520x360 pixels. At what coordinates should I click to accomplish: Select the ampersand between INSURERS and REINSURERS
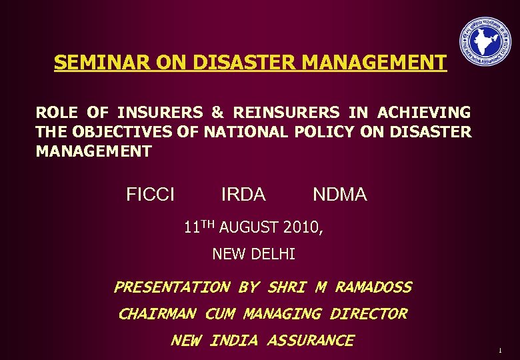[x=217, y=113]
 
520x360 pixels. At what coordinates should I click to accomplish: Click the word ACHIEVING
[x=423, y=113]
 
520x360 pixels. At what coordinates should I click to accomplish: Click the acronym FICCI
[x=151, y=195]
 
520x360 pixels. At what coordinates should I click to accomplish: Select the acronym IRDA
[x=243, y=195]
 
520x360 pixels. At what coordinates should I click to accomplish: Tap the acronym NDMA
[x=340, y=195]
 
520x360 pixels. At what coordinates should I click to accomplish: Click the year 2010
[x=301, y=228]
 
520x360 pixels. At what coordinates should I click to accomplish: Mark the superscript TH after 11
[x=208, y=225]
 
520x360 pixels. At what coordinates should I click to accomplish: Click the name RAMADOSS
[x=373, y=287]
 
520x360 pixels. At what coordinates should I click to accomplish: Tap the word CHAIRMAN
[x=157, y=313]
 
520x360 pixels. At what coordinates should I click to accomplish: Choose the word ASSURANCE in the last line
[x=310, y=341]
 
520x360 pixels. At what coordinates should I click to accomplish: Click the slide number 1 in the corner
[x=499, y=350]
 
